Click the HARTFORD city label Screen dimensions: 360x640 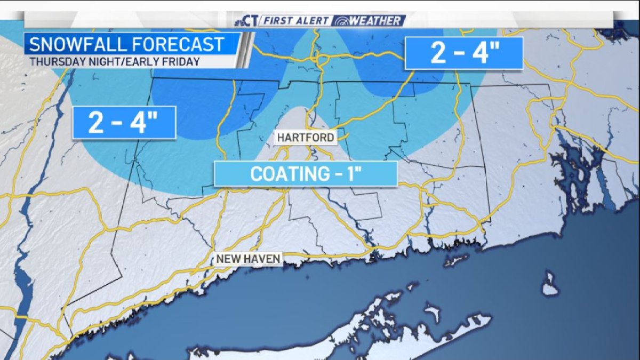click(x=306, y=138)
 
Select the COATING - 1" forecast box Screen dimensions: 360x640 click(x=306, y=174)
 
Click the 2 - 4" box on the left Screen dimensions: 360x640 click(x=124, y=123)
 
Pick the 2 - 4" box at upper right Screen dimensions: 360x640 click(x=463, y=53)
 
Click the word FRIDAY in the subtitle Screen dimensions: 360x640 click(x=181, y=61)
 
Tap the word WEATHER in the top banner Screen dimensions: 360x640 click(x=375, y=21)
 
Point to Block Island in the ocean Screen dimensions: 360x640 click(x=550, y=285)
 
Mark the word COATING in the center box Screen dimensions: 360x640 click(x=282, y=174)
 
